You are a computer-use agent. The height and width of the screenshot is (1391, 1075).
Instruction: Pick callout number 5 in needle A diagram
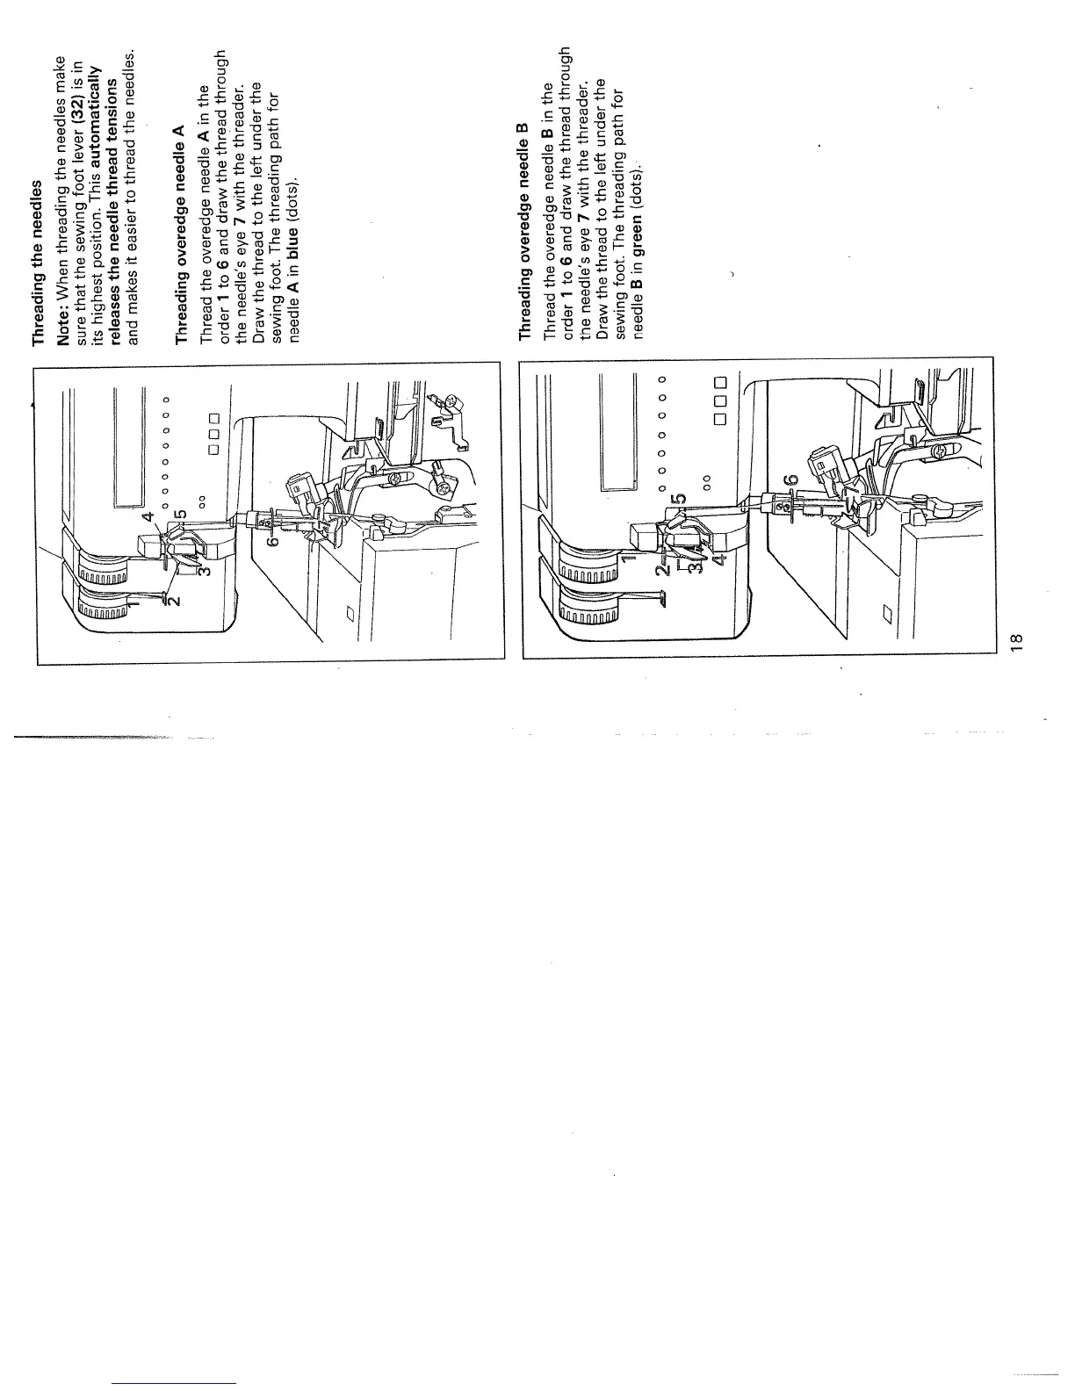tap(181, 513)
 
